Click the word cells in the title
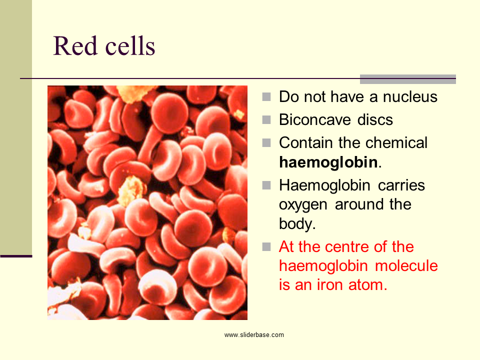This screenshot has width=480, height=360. (130, 46)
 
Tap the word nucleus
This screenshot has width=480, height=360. (410, 96)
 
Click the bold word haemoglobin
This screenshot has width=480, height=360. (328, 162)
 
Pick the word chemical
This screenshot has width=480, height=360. (396, 142)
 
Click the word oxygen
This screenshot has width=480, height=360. (303, 205)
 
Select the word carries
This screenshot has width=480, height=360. (401, 185)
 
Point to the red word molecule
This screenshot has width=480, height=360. (406, 265)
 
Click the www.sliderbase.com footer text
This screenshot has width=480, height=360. (254, 335)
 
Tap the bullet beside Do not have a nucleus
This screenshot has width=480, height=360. (266, 96)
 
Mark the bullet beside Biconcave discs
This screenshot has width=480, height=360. (266, 119)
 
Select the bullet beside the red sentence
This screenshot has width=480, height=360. (266, 246)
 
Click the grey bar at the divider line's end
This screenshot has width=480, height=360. (408, 79)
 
